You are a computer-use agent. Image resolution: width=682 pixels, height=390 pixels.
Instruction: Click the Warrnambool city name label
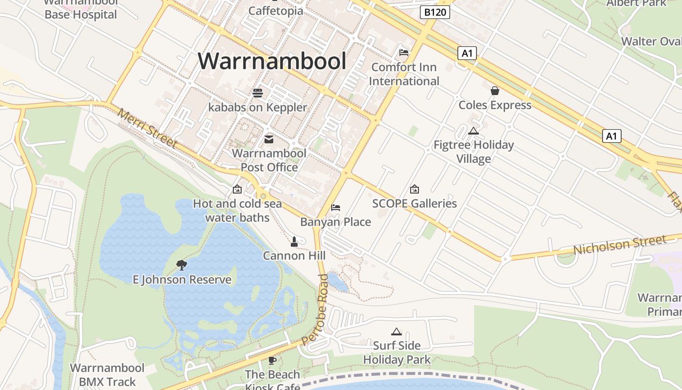272,61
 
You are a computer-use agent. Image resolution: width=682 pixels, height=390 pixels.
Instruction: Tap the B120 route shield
435,12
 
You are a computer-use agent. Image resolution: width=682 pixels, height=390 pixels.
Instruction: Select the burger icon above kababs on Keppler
258,93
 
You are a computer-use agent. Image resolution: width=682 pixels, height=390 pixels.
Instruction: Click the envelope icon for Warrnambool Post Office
269,139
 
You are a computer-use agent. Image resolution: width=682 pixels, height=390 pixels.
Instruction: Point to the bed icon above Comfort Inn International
404,53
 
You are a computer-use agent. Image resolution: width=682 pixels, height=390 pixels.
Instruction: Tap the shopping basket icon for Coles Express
495,91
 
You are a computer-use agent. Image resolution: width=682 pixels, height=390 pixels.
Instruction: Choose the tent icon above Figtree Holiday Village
473,131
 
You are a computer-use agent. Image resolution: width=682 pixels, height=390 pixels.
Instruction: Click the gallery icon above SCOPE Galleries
415,189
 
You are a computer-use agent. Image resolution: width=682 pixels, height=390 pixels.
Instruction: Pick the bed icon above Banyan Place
336,208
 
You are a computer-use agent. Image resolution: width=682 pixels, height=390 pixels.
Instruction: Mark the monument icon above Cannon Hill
294,241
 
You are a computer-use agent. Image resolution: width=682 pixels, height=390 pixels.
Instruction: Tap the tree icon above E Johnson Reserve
182,265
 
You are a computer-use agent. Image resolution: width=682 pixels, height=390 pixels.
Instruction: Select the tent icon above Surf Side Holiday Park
397,331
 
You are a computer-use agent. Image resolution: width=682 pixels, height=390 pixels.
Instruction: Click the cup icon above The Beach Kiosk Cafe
272,360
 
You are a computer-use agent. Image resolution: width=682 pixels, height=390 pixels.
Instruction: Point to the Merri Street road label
147,128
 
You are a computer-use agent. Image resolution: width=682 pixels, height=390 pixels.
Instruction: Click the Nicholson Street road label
619,245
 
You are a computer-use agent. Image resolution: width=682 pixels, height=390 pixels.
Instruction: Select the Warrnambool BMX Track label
107,374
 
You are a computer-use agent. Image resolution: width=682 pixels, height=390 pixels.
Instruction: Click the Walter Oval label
650,41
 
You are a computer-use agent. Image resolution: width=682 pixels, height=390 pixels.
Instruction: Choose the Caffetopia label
276,11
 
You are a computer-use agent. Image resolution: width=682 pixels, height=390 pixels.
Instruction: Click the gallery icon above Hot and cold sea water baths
237,189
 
